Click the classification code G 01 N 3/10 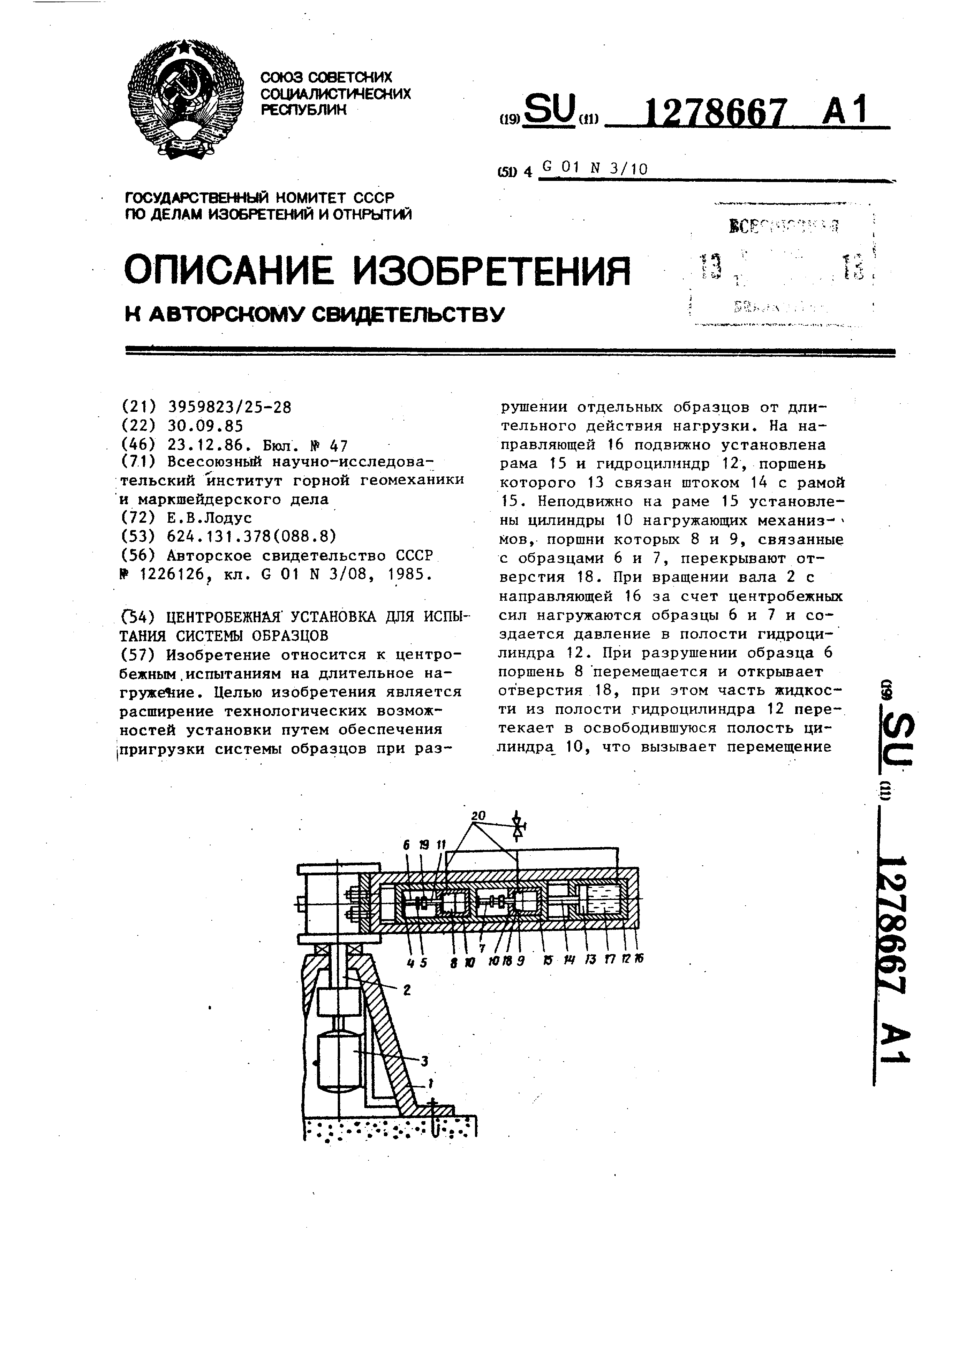point(595,169)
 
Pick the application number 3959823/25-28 point(229,407)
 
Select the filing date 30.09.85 point(205,425)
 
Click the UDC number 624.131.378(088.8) point(251,536)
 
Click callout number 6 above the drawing point(407,845)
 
